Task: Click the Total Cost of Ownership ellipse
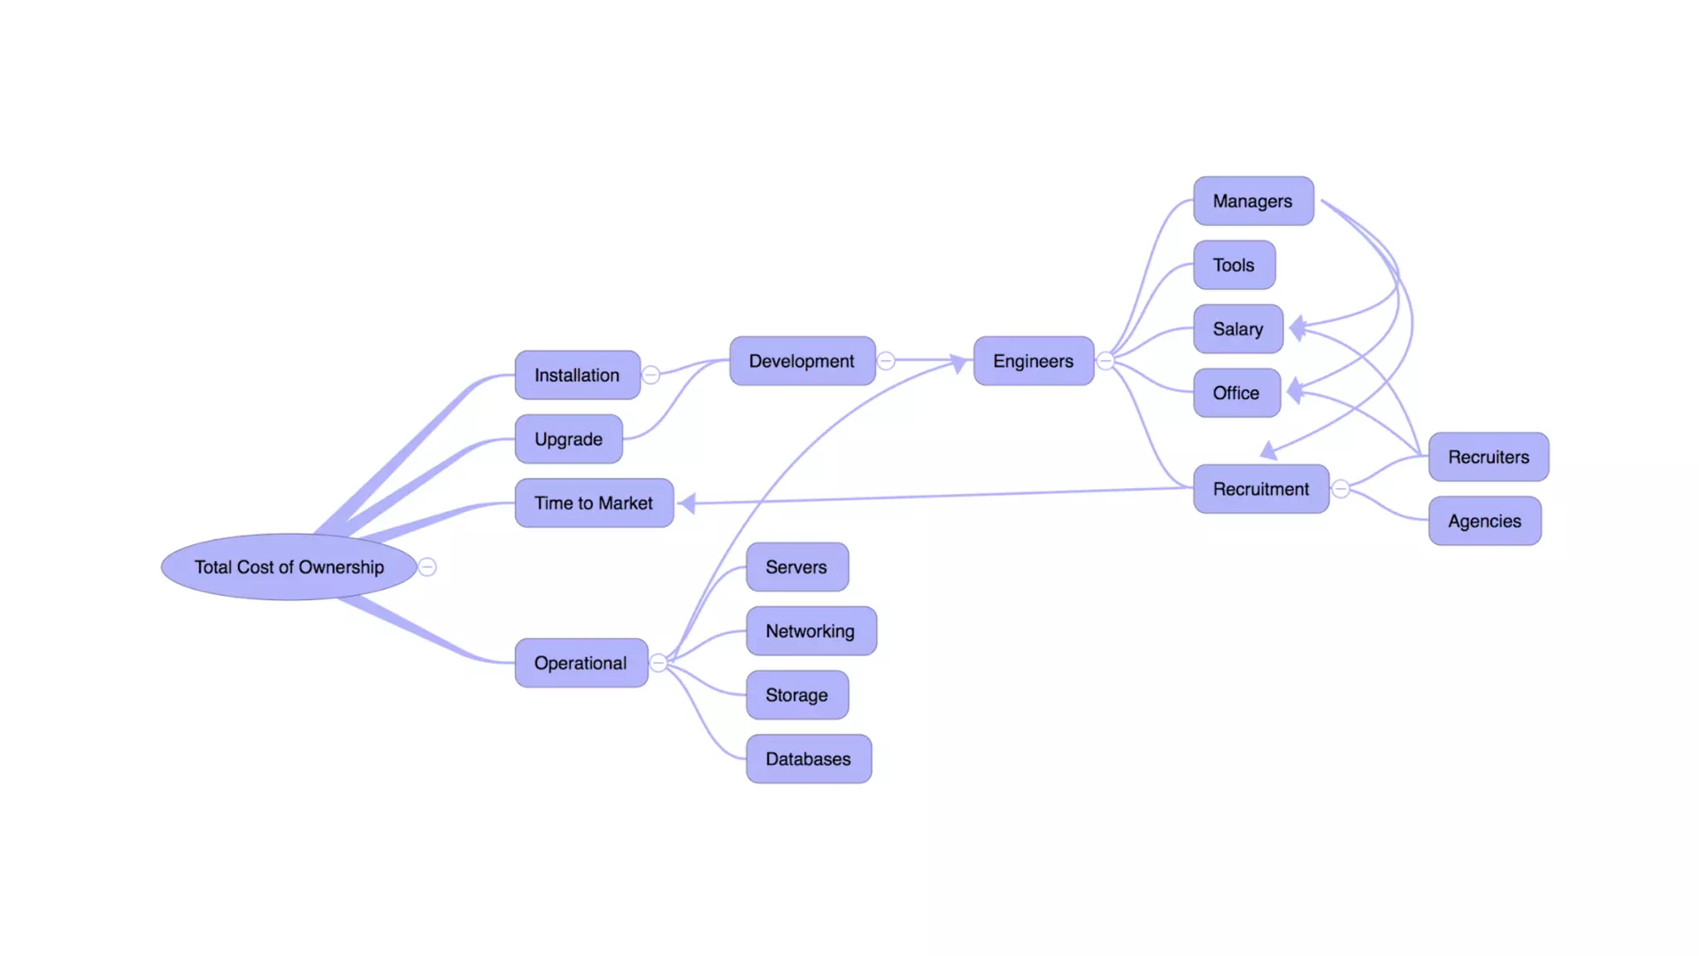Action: [289, 567]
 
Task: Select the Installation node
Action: [577, 375]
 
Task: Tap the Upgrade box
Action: [568, 439]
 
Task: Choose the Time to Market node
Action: [594, 503]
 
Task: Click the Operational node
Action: [581, 663]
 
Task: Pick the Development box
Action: [801, 361]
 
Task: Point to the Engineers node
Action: [1033, 361]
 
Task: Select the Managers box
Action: [1253, 201]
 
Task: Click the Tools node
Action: [1234, 265]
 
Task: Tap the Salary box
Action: [1238, 329]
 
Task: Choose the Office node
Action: [1236, 393]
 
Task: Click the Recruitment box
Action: [1261, 489]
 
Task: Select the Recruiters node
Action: [1488, 456]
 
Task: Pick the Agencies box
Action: [1484, 521]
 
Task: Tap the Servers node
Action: [796, 567]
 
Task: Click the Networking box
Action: [811, 631]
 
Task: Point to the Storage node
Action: [796, 695]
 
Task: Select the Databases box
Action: [808, 758]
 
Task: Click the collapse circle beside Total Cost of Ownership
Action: [427, 567]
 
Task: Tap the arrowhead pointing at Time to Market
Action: [687, 502]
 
